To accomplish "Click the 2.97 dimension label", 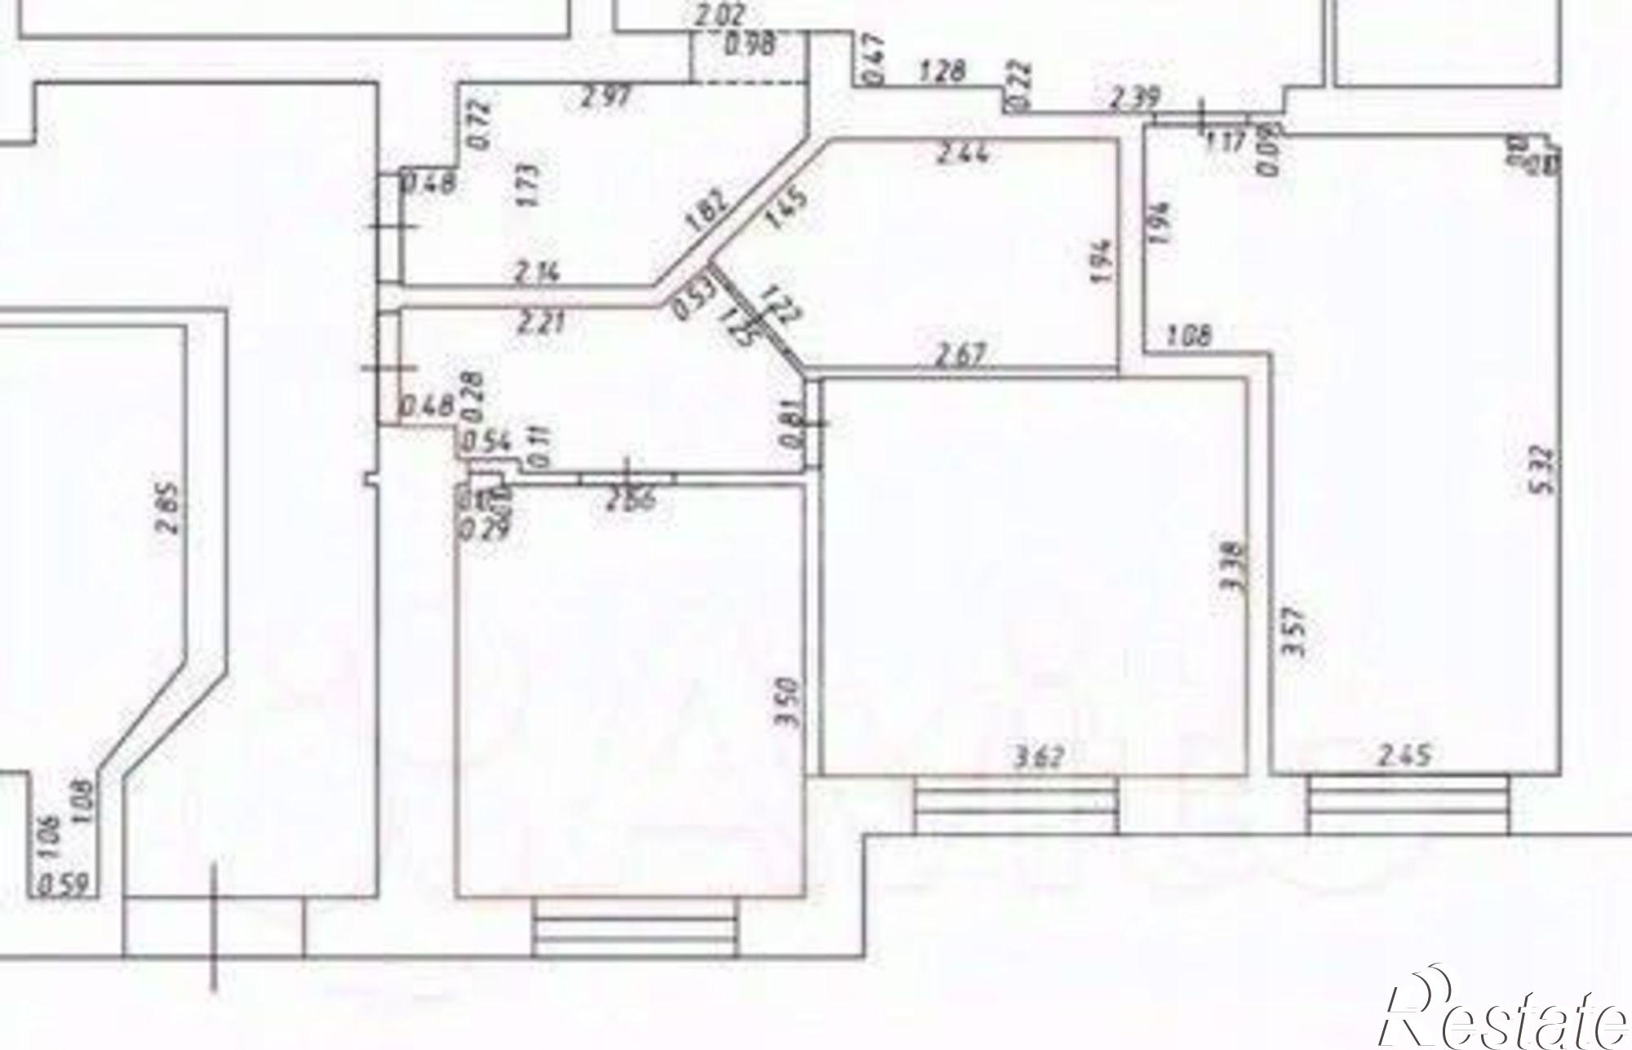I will click(x=605, y=97).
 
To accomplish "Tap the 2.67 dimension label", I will click(x=961, y=355).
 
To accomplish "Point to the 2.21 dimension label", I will click(x=539, y=322).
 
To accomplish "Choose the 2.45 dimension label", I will click(x=1404, y=755).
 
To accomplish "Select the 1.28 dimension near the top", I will click(x=942, y=71).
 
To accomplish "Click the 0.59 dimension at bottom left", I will click(x=64, y=884).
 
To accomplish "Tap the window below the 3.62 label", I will click(x=1015, y=804).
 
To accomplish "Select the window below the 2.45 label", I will click(x=1408, y=804).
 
